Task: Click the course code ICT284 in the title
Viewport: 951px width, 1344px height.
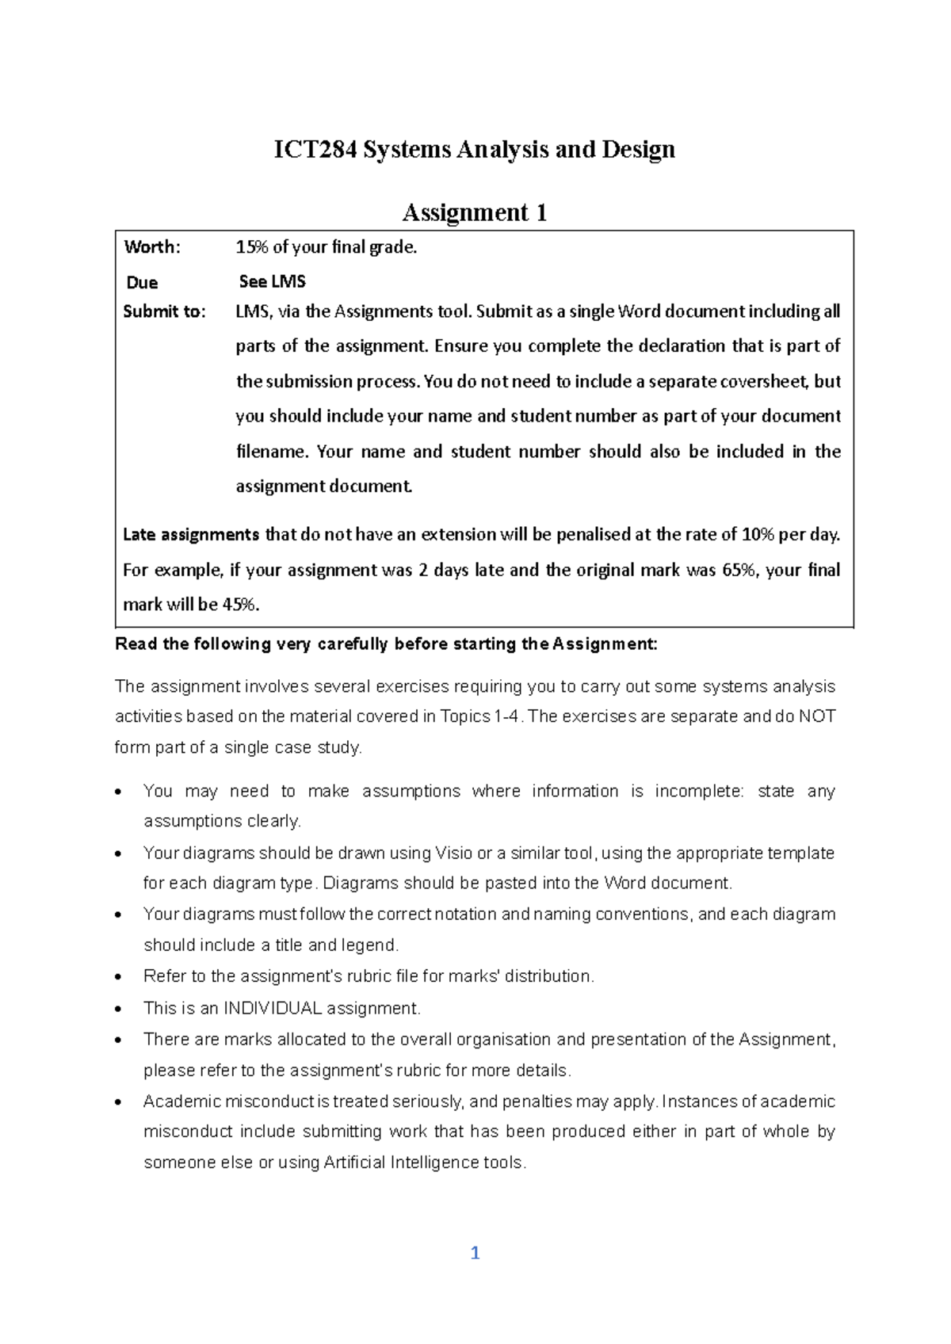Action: (x=315, y=149)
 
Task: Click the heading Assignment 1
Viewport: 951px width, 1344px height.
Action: (x=475, y=212)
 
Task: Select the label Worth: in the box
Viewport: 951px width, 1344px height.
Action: (x=152, y=247)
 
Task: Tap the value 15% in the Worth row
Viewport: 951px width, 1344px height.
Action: (x=252, y=247)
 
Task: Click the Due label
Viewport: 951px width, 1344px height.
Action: (x=142, y=283)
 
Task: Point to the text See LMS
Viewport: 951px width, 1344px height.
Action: (x=272, y=282)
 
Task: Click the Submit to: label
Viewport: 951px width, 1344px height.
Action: (x=164, y=311)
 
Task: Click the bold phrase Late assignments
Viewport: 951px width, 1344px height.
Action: (x=191, y=535)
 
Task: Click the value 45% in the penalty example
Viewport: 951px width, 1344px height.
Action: (x=240, y=605)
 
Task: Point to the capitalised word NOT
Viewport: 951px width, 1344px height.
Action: (x=816, y=716)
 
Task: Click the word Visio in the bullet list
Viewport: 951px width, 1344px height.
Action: (x=454, y=853)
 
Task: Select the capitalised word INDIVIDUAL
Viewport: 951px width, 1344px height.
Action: (x=273, y=1009)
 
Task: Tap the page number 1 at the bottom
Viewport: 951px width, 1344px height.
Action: (x=475, y=1253)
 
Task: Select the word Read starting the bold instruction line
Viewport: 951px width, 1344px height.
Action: (x=136, y=644)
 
